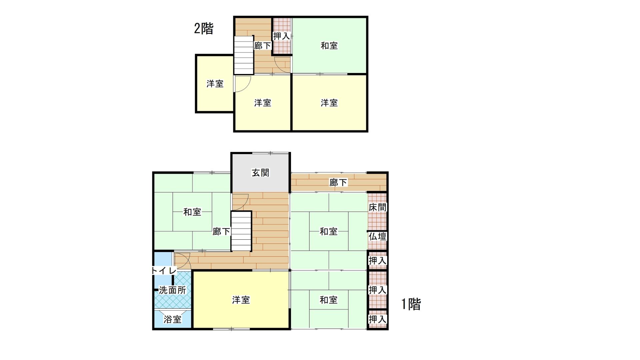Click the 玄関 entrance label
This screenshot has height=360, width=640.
pos(260,173)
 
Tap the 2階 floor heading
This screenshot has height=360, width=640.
pos(204,29)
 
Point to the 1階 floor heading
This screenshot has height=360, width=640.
pos(411,304)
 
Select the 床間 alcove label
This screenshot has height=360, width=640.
pos(377,207)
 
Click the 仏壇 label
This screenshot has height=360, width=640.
pos(377,237)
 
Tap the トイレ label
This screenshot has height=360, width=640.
pos(164,271)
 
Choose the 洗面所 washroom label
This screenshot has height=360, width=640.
pos(172,290)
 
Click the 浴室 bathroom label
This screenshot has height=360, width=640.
pos(172,319)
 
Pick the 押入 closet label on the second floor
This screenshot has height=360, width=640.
pos(281,36)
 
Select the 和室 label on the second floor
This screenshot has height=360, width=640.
pos(329,46)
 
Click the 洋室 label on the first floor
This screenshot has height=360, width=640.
pos(241,300)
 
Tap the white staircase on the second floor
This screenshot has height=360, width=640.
pos(244,55)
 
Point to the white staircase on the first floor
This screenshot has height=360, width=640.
pos(241,231)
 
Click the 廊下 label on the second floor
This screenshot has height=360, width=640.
pos(262,46)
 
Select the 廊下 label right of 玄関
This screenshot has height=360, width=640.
pos(338,183)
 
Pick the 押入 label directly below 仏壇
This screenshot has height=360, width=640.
pos(377,261)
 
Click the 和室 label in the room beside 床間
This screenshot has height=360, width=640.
pos(329,231)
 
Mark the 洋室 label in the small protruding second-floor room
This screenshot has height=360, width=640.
pos(215,84)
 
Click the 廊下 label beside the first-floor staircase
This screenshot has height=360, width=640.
pos(221,231)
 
